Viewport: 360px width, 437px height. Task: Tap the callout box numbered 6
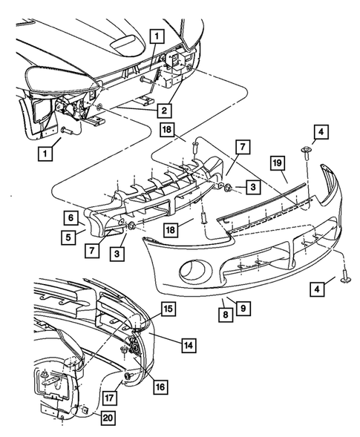pos(70,218)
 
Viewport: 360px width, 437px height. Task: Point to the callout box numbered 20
pos(108,418)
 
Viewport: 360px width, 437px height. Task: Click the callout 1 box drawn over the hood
pos(156,35)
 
